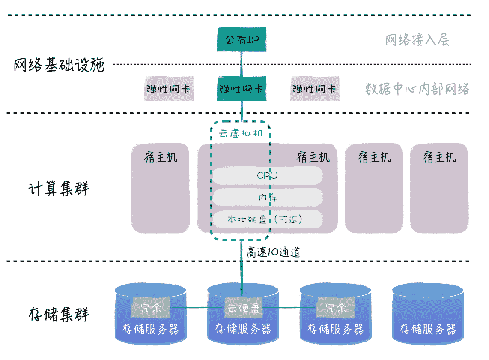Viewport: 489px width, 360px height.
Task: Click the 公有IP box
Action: [x=242, y=40]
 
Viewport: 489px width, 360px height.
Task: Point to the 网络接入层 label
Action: [x=417, y=41]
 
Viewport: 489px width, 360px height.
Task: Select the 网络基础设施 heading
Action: [x=59, y=65]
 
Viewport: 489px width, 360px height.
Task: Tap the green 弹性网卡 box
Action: [x=242, y=89]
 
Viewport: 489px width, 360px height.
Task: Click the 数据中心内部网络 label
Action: [x=417, y=89]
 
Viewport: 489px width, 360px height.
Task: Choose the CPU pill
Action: [x=268, y=175]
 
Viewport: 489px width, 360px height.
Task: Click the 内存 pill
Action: [x=268, y=198]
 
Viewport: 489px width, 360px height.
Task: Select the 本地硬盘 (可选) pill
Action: [x=268, y=220]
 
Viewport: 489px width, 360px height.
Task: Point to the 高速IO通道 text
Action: [x=273, y=252]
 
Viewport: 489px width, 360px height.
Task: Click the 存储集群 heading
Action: [x=59, y=314]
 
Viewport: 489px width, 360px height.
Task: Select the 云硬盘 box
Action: [x=243, y=308]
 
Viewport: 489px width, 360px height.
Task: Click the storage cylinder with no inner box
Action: [x=428, y=313]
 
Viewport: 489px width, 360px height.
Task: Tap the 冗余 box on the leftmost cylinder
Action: [x=151, y=308]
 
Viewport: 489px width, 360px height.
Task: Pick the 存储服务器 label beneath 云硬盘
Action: [x=243, y=329]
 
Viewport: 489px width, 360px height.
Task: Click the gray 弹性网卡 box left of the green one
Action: [x=168, y=89]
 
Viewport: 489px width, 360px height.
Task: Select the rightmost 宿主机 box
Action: [x=439, y=189]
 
